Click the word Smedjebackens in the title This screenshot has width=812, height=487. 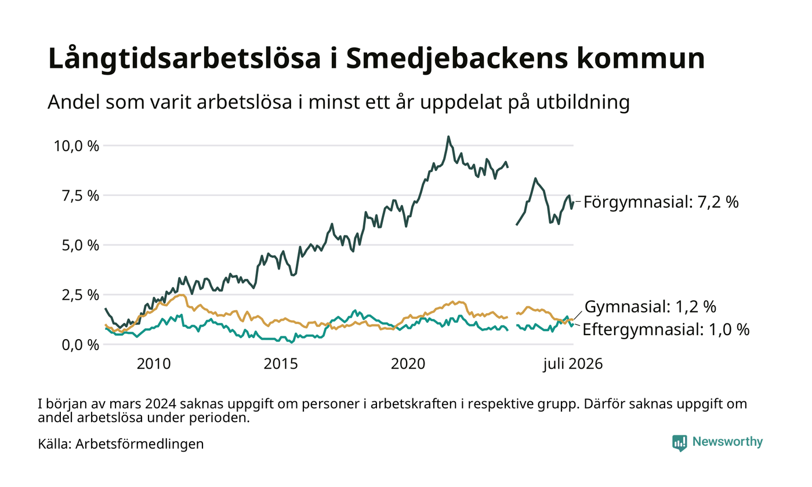(x=457, y=59)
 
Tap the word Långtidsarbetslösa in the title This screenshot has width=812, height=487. (x=184, y=59)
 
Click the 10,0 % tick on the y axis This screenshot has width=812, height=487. (x=77, y=146)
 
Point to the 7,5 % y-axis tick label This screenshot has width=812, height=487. (x=81, y=196)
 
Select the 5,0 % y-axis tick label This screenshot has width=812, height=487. (x=81, y=245)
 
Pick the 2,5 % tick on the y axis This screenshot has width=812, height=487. (x=81, y=295)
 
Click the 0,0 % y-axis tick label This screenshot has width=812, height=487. (x=81, y=344)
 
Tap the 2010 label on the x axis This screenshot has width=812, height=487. (x=154, y=364)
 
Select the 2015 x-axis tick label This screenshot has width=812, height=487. (x=281, y=364)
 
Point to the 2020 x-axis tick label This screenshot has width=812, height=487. (x=408, y=364)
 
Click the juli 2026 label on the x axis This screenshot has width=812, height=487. (x=573, y=364)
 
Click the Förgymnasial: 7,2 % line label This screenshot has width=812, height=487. (x=661, y=202)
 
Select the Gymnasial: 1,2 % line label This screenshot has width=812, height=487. (x=651, y=307)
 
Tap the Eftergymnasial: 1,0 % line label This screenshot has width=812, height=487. (x=666, y=330)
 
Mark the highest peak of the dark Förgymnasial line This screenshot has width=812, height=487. (x=448, y=137)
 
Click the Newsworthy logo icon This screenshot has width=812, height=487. (x=680, y=443)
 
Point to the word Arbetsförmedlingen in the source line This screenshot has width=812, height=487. (x=140, y=444)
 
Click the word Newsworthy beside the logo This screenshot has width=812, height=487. (x=727, y=442)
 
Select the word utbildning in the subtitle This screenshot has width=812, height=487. (x=583, y=102)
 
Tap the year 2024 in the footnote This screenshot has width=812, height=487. (x=159, y=404)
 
